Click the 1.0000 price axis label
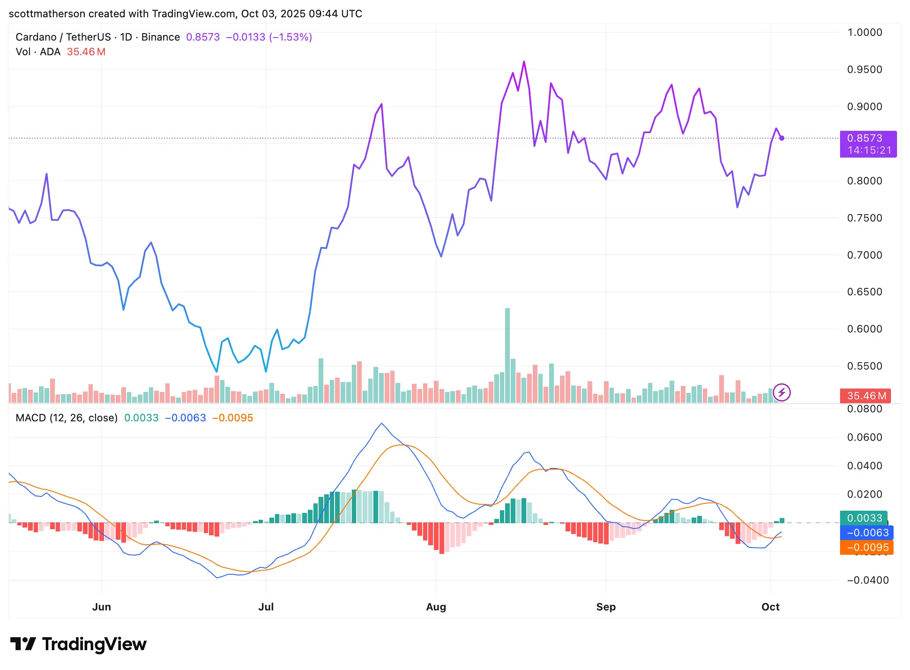pyautogui.click(x=864, y=32)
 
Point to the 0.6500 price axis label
pyautogui.click(x=864, y=292)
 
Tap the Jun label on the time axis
pyautogui.click(x=101, y=607)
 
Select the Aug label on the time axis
pyautogui.click(x=436, y=607)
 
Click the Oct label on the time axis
pyautogui.click(x=771, y=607)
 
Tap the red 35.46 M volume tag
pyautogui.click(x=865, y=396)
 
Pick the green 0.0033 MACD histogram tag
pyautogui.click(x=863, y=518)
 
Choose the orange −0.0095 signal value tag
pyautogui.click(x=866, y=547)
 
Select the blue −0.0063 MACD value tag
pyautogui.click(x=866, y=533)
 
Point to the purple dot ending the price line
pyautogui.click(x=782, y=138)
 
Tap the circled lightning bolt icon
pyautogui.click(x=782, y=392)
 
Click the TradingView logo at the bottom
pyautogui.click(x=79, y=644)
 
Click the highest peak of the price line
pyautogui.click(x=524, y=62)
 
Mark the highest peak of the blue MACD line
pyautogui.click(x=382, y=423)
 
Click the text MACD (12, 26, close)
pyautogui.click(x=66, y=418)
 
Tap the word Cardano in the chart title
pyautogui.click(x=36, y=37)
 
